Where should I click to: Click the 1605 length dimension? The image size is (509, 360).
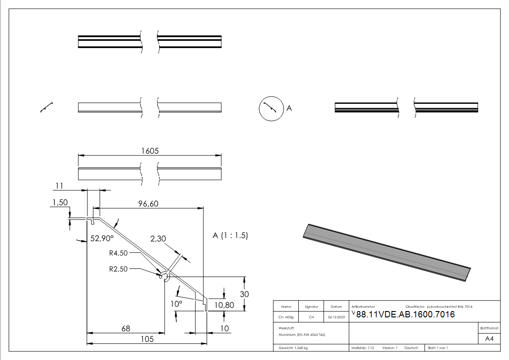tap(150, 151)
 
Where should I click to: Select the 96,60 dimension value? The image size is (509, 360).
tap(148, 204)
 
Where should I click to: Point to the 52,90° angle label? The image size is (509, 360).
tap(102, 238)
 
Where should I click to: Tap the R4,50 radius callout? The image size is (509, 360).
tap(119, 253)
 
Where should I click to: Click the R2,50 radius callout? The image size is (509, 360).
tap(119, 269)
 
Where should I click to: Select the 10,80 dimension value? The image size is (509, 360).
tap(223, 305)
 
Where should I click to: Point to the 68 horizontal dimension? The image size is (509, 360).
tap(126, 328)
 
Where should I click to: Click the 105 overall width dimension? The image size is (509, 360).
tap(146, 339)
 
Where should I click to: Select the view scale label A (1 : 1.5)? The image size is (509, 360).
tap(230, 236)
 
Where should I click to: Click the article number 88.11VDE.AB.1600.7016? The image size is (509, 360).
tap(405, 315)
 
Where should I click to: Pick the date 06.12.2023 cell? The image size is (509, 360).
tap(336, 317)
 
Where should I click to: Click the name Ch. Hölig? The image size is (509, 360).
tap(286, 317)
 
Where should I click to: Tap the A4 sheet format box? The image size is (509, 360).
tap(489, 339)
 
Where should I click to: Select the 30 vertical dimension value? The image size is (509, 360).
tap(244, 294)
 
